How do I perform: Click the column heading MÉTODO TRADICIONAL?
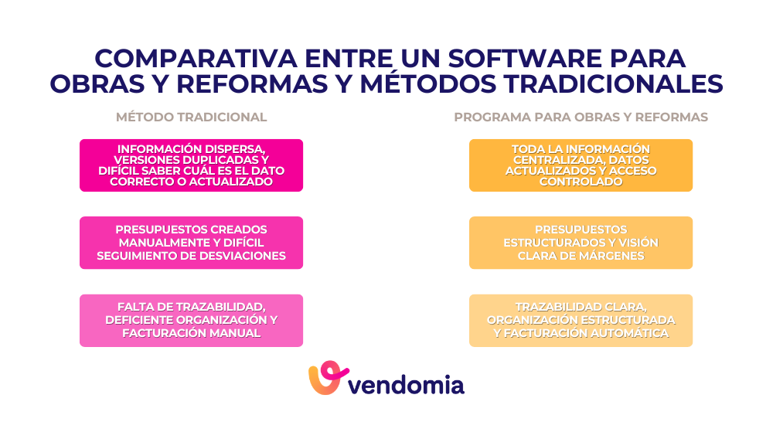click(x=191, y=117)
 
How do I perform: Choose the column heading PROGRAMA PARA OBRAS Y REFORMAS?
click(x=581, y=117)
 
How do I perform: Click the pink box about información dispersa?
click(x=191, y=165)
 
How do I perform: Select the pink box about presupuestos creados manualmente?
click(x=191, y=243)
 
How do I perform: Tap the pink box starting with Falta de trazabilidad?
click(x=191, y=320)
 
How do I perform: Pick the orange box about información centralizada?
click(x=581, y=165)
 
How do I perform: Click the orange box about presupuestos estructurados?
click(x=581, y=243)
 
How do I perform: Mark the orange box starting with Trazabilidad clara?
click(x=581, y=320)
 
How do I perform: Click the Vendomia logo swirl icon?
click(x=326, y=379)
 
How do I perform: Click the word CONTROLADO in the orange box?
click(x=581, y=182)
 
